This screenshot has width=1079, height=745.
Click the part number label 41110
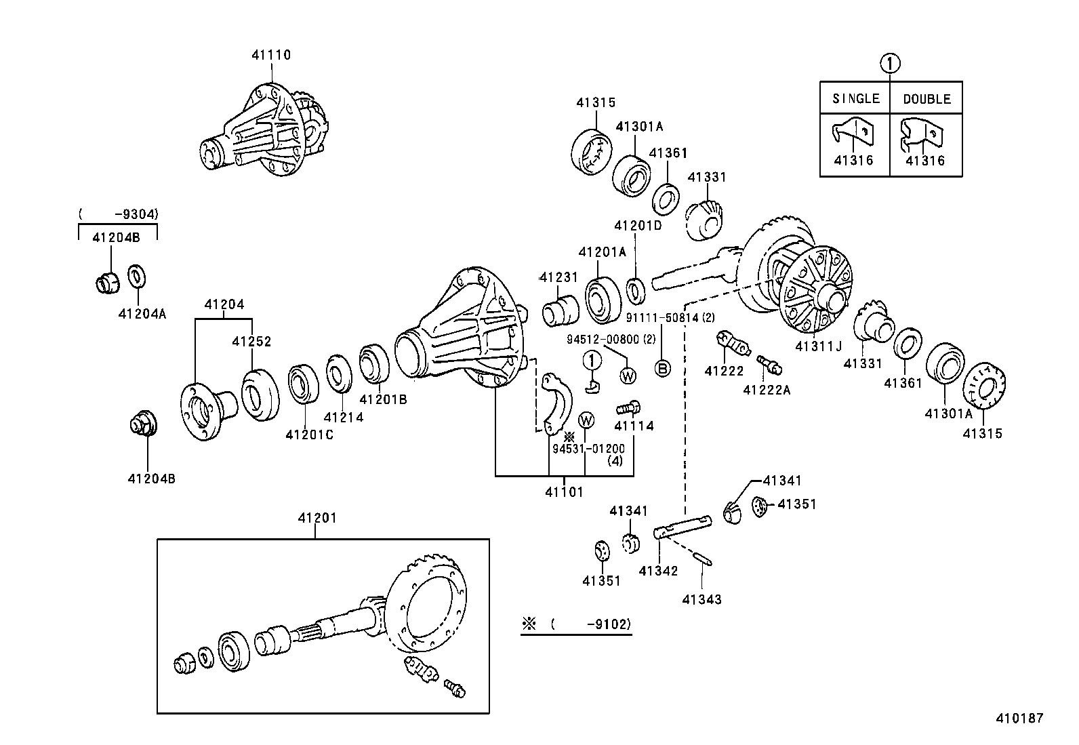(x=271, y=55)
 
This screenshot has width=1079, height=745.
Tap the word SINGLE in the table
(x=855, y=98)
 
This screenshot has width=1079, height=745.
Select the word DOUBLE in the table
(x=927, y=99)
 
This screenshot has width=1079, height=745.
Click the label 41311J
(x=818, y=346)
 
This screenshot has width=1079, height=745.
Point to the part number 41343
(x=701, y=599)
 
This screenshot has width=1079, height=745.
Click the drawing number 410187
(x=1019, y=718)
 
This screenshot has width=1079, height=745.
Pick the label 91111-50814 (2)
(x=670, y=317)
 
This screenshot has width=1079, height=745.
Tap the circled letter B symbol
(x=662, y=368)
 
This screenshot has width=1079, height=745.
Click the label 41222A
(x=767, y=390)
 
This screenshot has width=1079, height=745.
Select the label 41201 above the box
(x=317, y=518)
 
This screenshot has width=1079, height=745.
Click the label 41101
(x=564, y=491)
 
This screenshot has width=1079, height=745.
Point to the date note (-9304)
(x=119, y=214)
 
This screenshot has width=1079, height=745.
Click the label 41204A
(x=142, y=313)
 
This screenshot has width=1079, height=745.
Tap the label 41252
(x=251, y=341)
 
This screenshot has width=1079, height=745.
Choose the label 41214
(x=344, y=417)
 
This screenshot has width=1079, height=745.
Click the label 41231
(x=558, y=277)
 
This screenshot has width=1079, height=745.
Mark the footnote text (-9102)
(x=590, y=624)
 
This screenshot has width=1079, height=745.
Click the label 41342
(x=658, y=571)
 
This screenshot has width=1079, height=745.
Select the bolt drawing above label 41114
(x=628, y=408)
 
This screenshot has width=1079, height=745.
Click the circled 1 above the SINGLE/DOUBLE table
(x=890, y=64)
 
